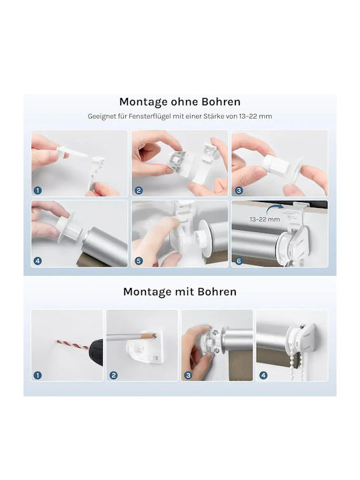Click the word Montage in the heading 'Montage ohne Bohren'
(x=143, y=102)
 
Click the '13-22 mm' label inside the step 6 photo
(x=265, y=219)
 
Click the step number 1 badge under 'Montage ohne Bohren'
(x=37, y=191)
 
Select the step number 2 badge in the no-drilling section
(x=139, y=191)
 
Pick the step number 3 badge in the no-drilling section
(x=239, y=191)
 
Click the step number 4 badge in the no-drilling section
(x=37, y=261)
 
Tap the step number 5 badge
(x=139, y=261)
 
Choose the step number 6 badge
(x=239, y=261)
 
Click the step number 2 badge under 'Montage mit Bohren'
(x=113, y=375)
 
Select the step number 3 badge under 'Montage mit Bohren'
(x=188, y=375)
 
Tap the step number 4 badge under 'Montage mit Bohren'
(x=263, y=375)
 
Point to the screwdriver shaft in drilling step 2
(x=125, y=337)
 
